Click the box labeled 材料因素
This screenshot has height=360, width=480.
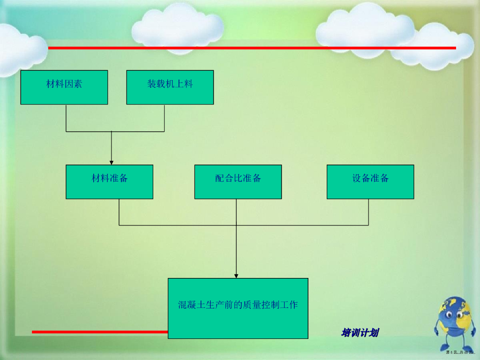[64, 87]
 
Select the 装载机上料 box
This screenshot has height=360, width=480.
[170, 87]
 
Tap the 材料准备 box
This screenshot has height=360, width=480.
[109, 182]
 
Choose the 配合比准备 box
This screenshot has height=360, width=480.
[238, 182]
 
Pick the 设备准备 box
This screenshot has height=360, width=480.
[370, 182]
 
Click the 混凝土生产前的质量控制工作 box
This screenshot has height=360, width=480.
[238, 308]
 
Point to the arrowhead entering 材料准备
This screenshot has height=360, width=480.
[111, 162]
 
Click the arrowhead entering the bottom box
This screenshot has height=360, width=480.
[236, 276]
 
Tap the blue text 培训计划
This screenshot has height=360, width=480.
[360, 333]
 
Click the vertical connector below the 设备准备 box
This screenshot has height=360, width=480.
[368, 212]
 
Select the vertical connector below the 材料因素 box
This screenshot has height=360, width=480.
[66, 118]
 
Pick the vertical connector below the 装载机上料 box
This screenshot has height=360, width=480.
[165, 118]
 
